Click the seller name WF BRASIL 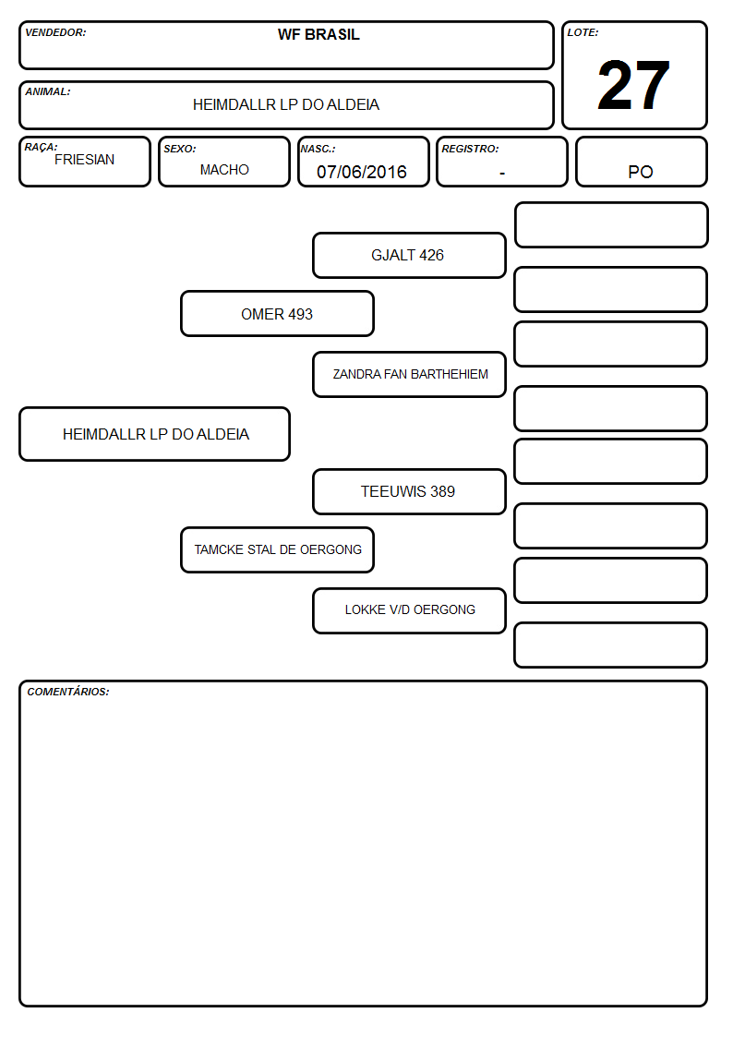318,34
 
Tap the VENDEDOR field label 55,32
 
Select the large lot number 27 633,85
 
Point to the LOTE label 583,32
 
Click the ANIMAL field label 48,92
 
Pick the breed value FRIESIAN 85,160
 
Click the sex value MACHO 224,170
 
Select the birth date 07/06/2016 362,172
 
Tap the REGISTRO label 470,149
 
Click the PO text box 641,162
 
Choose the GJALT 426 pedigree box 409,255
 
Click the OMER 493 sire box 278,313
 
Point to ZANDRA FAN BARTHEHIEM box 409,374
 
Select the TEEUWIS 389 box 409,491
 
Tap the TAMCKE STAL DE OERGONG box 278,549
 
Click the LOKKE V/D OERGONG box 409,610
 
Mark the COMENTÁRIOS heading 68,692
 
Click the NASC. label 318,149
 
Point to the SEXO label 180,149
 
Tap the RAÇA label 41,147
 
